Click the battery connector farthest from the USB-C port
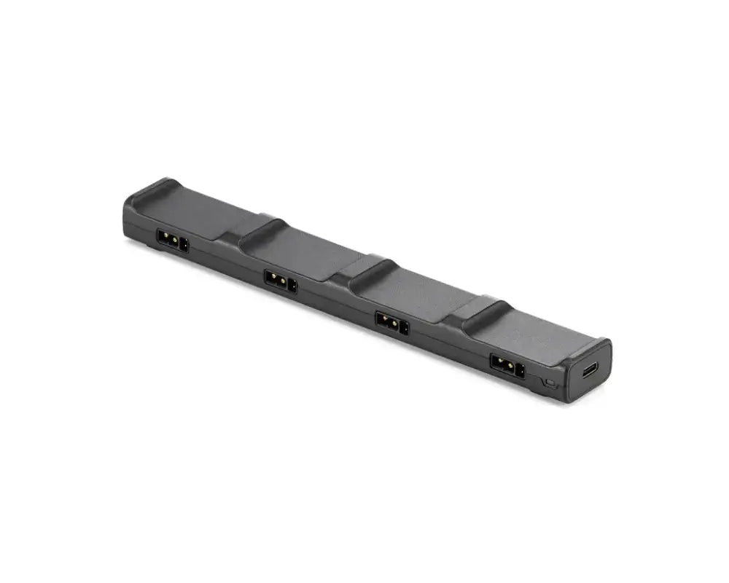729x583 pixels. pyautogui.click(x=173, y=240)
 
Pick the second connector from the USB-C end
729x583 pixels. pyautogui.click(x=392, y=322)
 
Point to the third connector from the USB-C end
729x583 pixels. pyautogui.click(x=281, y=281)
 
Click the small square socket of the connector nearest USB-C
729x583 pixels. pyautogui.click(x=520, y=369)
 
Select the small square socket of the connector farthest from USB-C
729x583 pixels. pyautogui.click(x=184, y=245)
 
